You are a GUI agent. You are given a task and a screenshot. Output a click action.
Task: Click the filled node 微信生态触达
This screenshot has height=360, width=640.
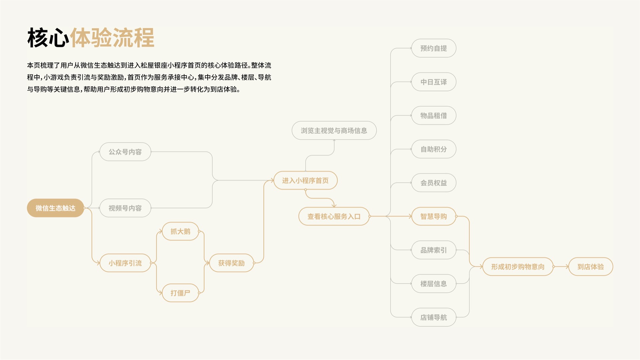[55, 208]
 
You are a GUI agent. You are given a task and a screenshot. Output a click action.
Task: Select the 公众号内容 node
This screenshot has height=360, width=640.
[125, 152]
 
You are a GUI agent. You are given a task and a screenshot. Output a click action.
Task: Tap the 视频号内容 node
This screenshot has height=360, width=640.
[125, 208]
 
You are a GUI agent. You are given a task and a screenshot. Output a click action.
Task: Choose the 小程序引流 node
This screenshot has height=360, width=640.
[125, 263]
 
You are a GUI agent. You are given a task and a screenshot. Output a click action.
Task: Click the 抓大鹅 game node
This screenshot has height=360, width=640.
[180, 231]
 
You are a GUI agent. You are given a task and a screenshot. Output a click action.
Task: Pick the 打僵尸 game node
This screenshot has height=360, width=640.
[180, 293]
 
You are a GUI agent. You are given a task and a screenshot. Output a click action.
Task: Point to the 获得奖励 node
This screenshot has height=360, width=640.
[232, 263]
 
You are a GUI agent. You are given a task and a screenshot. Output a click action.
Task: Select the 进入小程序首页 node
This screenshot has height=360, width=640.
[305, 180]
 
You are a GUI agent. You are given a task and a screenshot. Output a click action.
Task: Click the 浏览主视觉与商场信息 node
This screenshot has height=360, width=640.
[334, 130]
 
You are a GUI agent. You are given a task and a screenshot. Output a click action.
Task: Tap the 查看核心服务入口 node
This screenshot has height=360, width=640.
[334, 216]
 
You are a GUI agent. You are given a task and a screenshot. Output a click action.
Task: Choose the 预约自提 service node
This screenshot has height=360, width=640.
[434, 48]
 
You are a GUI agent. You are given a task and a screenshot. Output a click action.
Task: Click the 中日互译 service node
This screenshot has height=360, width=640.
[434, 82]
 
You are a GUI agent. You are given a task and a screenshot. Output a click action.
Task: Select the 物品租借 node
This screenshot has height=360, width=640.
[434, 116]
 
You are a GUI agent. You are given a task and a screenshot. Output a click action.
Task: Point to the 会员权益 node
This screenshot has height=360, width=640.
[434, 183]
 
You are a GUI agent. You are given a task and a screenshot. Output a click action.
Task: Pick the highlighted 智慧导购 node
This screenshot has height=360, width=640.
[434, 216]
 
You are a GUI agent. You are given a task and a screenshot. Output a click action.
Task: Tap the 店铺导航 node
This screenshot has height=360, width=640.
[434, 317]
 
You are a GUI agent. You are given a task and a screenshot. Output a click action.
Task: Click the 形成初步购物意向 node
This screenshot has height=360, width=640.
[518, 267]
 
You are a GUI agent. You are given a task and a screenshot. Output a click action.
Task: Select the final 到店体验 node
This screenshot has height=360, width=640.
[591, 267]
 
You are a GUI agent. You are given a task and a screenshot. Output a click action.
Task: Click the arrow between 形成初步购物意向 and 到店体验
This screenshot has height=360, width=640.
[561, 267]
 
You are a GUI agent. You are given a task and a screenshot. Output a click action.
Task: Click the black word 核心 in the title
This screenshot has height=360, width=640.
[48, 38]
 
